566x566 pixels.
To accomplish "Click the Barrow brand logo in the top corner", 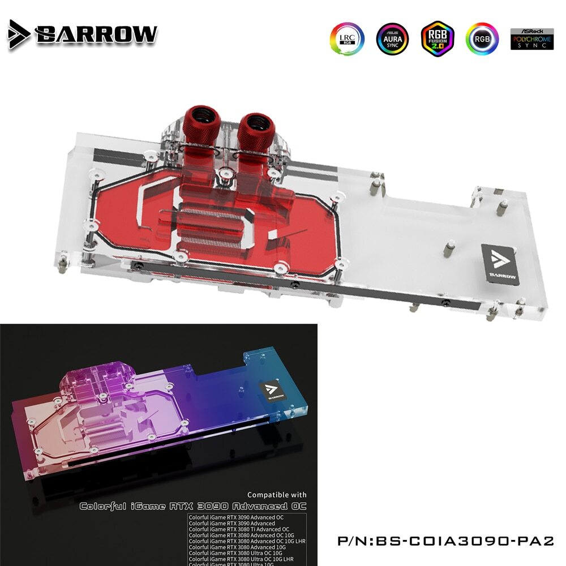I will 83,33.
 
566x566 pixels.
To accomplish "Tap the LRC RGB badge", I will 347,38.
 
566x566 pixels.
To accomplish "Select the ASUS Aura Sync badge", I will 392,38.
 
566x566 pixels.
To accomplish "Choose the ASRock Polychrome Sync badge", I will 531,38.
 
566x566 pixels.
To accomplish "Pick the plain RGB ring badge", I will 482,38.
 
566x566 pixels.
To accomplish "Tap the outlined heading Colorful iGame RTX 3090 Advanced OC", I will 192,505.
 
